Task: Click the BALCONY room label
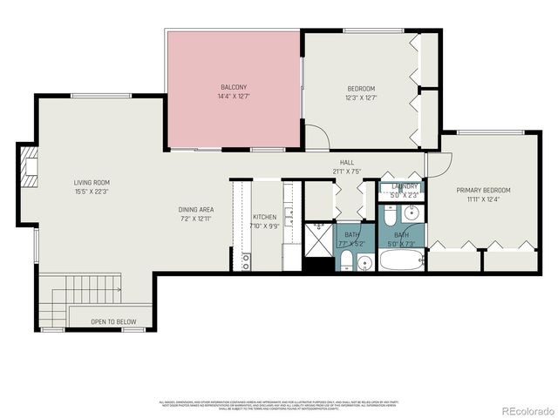point(233,87)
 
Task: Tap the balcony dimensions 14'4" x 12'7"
point(233,96)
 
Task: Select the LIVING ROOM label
point(92,182)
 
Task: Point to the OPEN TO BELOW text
point(112,322)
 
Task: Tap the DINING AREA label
point(196,209)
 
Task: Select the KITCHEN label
point(264,217)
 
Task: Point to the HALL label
point(346,163)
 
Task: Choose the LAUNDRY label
point(405,186)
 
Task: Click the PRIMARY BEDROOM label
point(483,190)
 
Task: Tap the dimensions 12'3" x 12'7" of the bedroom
point(361,98)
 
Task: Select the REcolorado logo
point(525,409)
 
